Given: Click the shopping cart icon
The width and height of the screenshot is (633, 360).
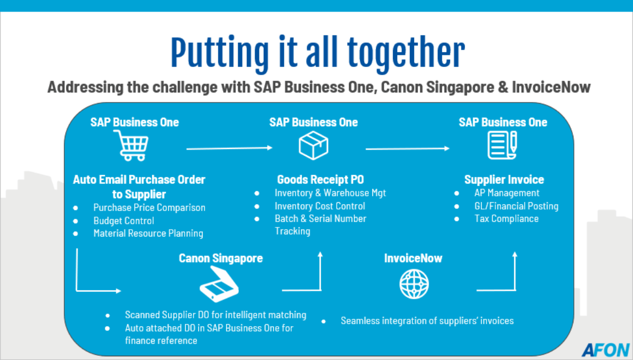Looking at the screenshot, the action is click(131, 145).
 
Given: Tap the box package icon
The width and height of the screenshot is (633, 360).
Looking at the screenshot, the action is click(313, 145).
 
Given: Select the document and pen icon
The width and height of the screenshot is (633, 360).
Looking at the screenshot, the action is click(502, 145).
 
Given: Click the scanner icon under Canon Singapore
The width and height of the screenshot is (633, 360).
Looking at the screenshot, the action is click(219, 284).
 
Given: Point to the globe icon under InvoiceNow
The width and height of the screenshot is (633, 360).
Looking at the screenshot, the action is click(414, 284).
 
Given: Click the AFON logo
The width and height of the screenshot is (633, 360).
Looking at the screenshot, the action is click(606, 350).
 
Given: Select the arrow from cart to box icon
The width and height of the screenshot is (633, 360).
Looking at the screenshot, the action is click(229, 148).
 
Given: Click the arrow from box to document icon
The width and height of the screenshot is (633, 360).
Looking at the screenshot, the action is click(407, 148).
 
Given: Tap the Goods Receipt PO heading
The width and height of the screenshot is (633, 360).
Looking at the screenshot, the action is click(321, 179).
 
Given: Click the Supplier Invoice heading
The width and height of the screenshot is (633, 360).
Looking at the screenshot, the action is click(504, 179).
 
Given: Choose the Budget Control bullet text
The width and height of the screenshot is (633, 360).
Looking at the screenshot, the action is click(124, 221).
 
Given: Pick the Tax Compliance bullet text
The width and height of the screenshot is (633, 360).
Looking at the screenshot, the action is click(506, 219).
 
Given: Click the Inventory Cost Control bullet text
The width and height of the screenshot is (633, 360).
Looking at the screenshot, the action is click(320, 206).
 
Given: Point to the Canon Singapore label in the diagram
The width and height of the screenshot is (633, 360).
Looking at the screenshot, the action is click(220, 258).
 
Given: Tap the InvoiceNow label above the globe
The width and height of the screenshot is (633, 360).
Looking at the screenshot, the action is click(413, 258).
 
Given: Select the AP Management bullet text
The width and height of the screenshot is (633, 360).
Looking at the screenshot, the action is click(507, 193).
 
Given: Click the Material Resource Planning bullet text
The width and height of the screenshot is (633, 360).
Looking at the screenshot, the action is click(148, 233).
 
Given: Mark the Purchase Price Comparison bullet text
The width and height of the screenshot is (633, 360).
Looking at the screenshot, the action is click(149, 207).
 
